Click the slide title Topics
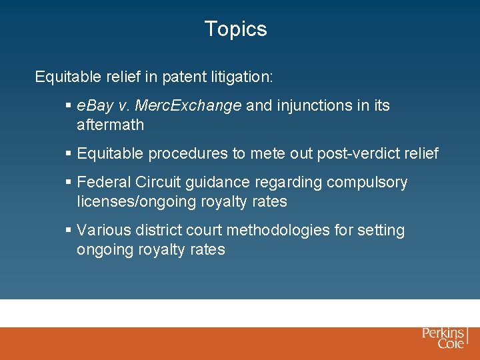235,29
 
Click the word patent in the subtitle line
180,77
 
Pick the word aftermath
110,125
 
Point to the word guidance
222,183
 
